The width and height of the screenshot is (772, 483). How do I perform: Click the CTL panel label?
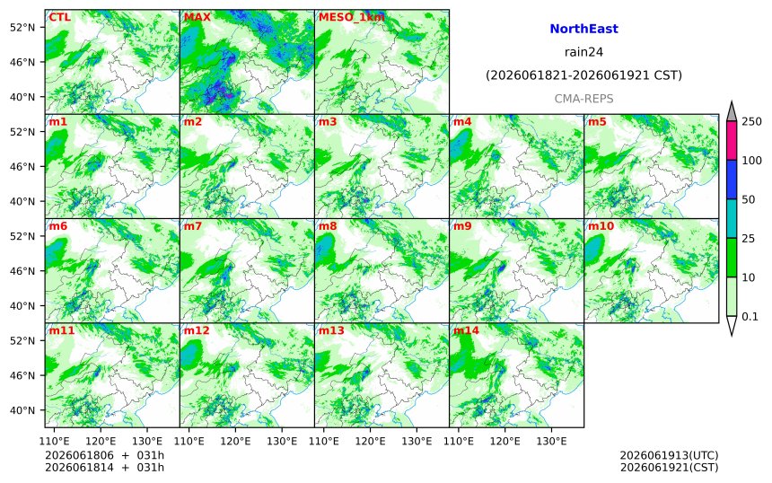pyautogui.click(x=59, y=17)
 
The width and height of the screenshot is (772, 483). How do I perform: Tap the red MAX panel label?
pyautogui.click(x=197, y=17)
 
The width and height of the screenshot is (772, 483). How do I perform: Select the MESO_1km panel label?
pyautogui.click(x=352, y=18)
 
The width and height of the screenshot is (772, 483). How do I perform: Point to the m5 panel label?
pyautogui.click(x=597, y=121)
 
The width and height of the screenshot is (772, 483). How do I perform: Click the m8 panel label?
pyautogui.click(x=328, y=226)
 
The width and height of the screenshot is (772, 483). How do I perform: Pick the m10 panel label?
pyautogui.click(x=601, y=226)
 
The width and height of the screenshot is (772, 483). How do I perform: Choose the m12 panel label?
pyautogui.click(x=197, y=330)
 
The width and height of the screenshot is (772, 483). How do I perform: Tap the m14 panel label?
pyautogui.click(x=466, y=330)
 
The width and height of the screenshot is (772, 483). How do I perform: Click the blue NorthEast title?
pyautogui.click(x=583, y=29)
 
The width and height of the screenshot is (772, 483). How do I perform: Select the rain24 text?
pyautogui.click(x=583, y=52)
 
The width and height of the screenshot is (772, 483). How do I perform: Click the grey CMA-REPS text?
pyautogui.click(x=583, y=99)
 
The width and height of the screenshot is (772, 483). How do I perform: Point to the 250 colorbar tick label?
pyautogui.click(x=752, y=121)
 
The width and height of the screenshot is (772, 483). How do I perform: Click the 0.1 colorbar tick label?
pyautogui.click(x=750, y=317)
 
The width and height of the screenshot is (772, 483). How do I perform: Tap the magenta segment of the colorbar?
pyautogui.click(x=731, y=140)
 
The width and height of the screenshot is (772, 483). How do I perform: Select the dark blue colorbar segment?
pyautogui.click(x=731, y=180)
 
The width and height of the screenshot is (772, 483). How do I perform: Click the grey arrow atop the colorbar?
pyautogui.click(x=731, y=112)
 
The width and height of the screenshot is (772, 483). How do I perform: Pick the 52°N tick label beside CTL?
pyautogui.click(x=22, y=28)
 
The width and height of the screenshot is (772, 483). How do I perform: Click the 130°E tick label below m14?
pyautogui.click(x=551, y=441)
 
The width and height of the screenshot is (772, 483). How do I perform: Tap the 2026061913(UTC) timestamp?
pyautogui.click(x=669, y=455)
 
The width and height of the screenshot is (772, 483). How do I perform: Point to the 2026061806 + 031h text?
pyautogui.click(x=104, y=455)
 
